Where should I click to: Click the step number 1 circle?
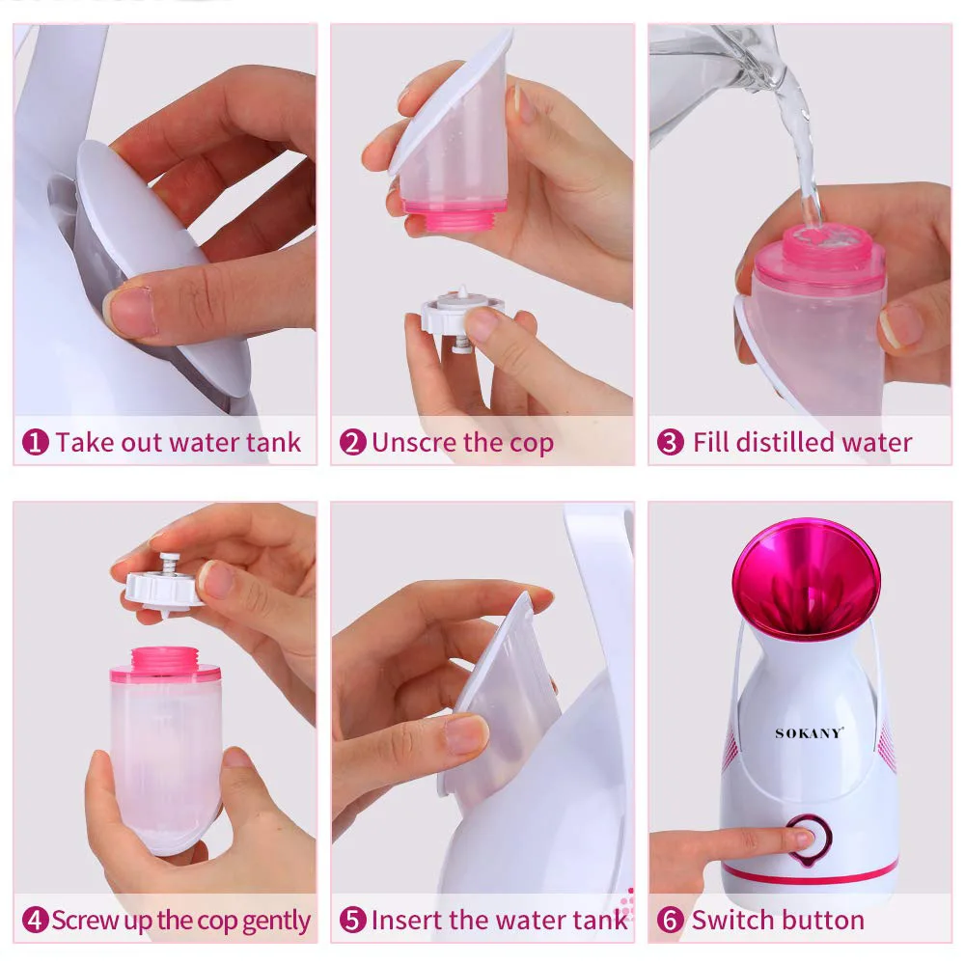(36, 443)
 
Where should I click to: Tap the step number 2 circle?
(353, 443)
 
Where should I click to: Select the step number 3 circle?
(670, 443)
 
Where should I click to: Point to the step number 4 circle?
(36, 920)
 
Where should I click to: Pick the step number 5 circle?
(353, 920)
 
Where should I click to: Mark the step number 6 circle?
(670, 920)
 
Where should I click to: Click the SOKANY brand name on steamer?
(809, 733)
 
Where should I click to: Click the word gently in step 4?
(277, 921)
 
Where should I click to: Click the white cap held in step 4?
(164, 585)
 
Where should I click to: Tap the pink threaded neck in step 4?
(163, 661)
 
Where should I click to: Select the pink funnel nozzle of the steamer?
(806, 579)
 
